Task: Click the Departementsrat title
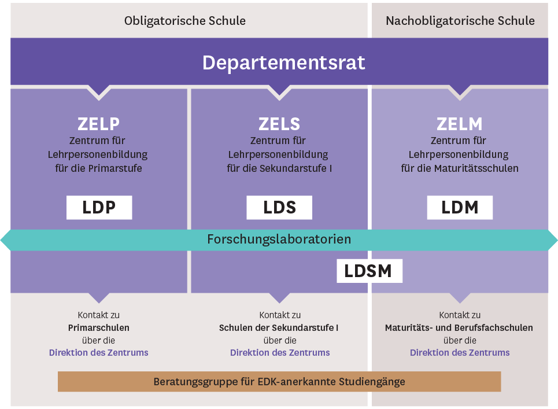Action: click(x=283, y=62)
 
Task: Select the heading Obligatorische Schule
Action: click(x=185, y=21)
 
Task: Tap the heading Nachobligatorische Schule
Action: click(x=460, y=21)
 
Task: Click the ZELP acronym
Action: click(x=98, y=124)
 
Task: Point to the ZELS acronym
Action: click(x=279, y=124)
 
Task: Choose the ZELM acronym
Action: click(x=460, y=124)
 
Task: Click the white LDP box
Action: click(x=99, y=208)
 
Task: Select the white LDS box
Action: click(x=279, y=208)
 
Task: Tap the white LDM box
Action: click(x=460, y=208)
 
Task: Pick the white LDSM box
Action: click(x=369, y=271)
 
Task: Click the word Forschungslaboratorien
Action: click(x=279, y=239)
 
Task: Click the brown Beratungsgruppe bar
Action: click(x=279, y=382)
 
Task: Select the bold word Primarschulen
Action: click(x=99, y=328)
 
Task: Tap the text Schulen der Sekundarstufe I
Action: click(x=279, y=328)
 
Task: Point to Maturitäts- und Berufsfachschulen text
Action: click(x=459, y=328)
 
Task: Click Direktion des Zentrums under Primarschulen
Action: click(x=99, y=352)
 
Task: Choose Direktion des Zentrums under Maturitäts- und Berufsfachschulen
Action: click(x=460, y=352)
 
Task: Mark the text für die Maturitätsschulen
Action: click(x=460, y=169)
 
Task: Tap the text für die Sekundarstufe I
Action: click(x=279, y=169)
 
